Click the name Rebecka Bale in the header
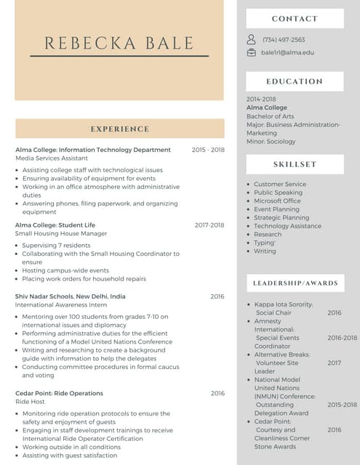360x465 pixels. [119, 43]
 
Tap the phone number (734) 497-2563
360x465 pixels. [284, 40]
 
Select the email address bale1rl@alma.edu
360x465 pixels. [287, 52]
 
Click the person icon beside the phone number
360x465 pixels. [252, 40]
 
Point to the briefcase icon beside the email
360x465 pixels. [252, 52]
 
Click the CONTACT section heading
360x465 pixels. [295, 19]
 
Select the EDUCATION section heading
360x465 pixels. [295, 81]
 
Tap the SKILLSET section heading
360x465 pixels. [295, 164]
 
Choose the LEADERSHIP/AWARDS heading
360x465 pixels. [295, 283]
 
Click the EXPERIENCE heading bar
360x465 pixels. [119, 129]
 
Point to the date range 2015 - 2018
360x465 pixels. [208, 150]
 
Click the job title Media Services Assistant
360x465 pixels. [52, 158]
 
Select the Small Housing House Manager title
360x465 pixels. [61, 234]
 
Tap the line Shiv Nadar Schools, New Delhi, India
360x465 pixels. [71, 296]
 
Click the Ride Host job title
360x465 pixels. [30, 402]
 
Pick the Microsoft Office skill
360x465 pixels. [277, 201]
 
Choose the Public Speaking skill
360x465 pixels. [278, 193]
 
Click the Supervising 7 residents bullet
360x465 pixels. [56, 246]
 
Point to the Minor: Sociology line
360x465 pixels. [271, 142]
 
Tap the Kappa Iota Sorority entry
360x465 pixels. [284, 304]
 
